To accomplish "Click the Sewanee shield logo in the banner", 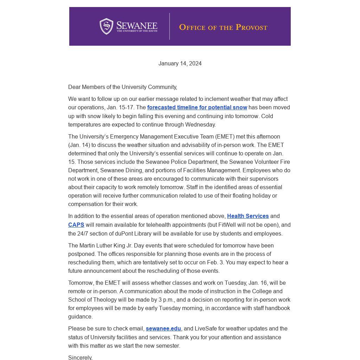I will (106, 26).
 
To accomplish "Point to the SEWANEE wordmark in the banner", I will (137, 26).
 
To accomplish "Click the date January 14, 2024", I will (180, 64).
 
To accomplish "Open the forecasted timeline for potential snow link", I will (197, 108).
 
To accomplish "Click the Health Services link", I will (248, 216).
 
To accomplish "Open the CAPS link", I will (76, 225).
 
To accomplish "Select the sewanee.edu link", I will (163, 329).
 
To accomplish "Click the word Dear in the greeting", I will (74, 87).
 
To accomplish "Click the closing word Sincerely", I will (80, 357).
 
